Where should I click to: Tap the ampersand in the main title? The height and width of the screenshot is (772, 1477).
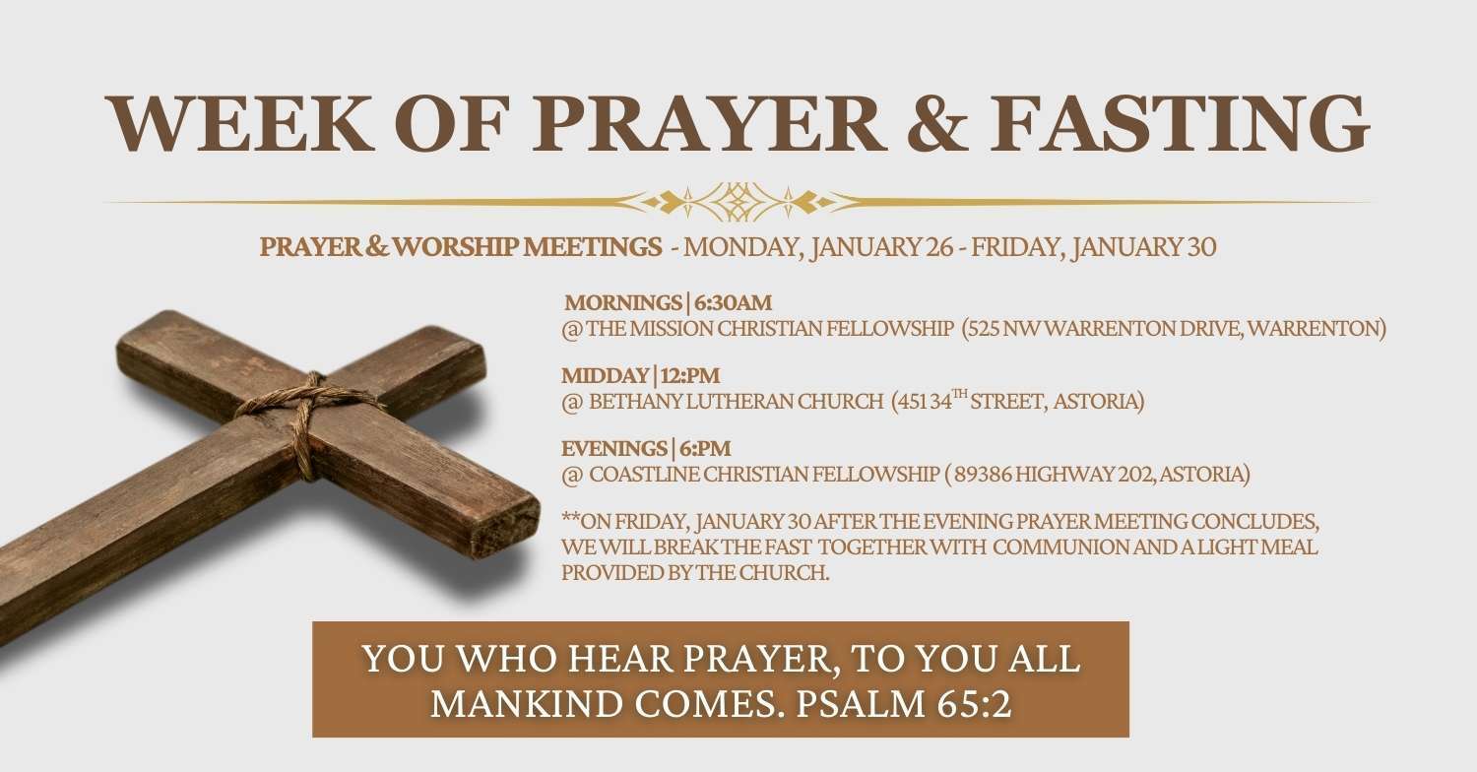(x=937, y=124)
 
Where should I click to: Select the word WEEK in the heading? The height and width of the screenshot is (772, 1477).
(x=240, y=123)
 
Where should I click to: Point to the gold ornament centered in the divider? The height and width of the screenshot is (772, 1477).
(x=738, y=202)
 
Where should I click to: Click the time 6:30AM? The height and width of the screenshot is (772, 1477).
(x=733, y=302)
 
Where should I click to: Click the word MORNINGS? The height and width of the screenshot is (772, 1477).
(x=623, y=302)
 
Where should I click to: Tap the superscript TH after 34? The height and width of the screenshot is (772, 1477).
(x=959, y=394)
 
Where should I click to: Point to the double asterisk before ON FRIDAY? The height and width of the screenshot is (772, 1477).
(x=570, y=518)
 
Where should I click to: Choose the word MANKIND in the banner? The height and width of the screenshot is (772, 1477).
(x=526, y=704)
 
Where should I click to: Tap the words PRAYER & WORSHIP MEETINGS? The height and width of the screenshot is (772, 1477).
(x=460, y=246)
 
